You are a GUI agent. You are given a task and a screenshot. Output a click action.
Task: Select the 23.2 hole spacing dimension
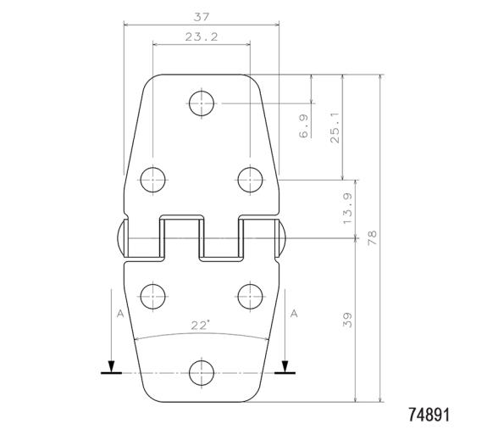coord(202,36)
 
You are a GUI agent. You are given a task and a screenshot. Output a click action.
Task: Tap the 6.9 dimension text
coord(303,125)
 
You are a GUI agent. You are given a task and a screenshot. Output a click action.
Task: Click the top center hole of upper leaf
coord(202,103)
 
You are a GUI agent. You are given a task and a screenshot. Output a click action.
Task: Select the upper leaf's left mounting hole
coord(152,179)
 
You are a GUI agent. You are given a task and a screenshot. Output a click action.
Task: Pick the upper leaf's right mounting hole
coord(250,179)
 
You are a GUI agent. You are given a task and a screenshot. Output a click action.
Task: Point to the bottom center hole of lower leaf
coord(202,371)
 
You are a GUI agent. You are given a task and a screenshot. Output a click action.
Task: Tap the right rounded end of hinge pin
coord(284,237)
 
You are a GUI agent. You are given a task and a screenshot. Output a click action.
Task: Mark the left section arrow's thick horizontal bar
coord(110,372)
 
